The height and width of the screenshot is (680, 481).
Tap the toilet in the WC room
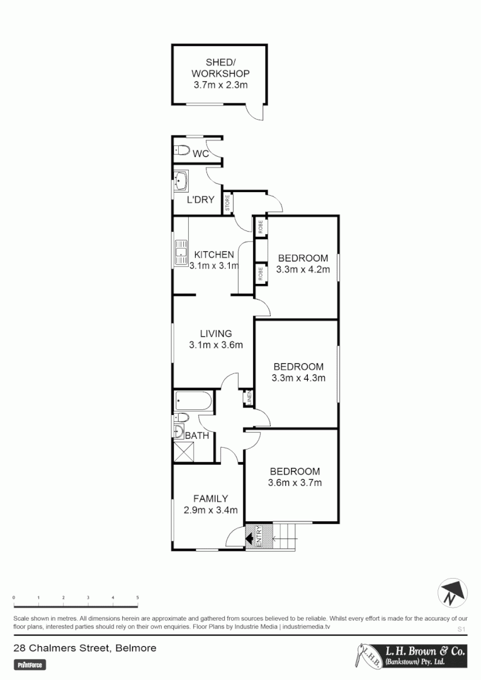(181, 150)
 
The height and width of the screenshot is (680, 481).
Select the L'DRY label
(201, 200)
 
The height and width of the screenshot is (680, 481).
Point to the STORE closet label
(227, 203)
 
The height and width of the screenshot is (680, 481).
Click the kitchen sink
(181, 251)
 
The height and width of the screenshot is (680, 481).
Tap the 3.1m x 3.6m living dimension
(216, 344)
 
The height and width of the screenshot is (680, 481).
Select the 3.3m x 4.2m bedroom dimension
(303, 269)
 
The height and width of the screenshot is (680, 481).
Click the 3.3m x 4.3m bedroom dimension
(298, 378)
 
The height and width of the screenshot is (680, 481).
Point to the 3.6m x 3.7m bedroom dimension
(295, 483)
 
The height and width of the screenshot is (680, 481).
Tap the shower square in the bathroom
(185, 451)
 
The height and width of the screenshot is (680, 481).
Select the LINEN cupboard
(249, 398)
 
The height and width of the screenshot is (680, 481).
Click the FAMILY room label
(210, 499)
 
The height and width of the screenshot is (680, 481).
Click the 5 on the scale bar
(137, 597)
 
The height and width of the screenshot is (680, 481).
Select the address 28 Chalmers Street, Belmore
(85, 647)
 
